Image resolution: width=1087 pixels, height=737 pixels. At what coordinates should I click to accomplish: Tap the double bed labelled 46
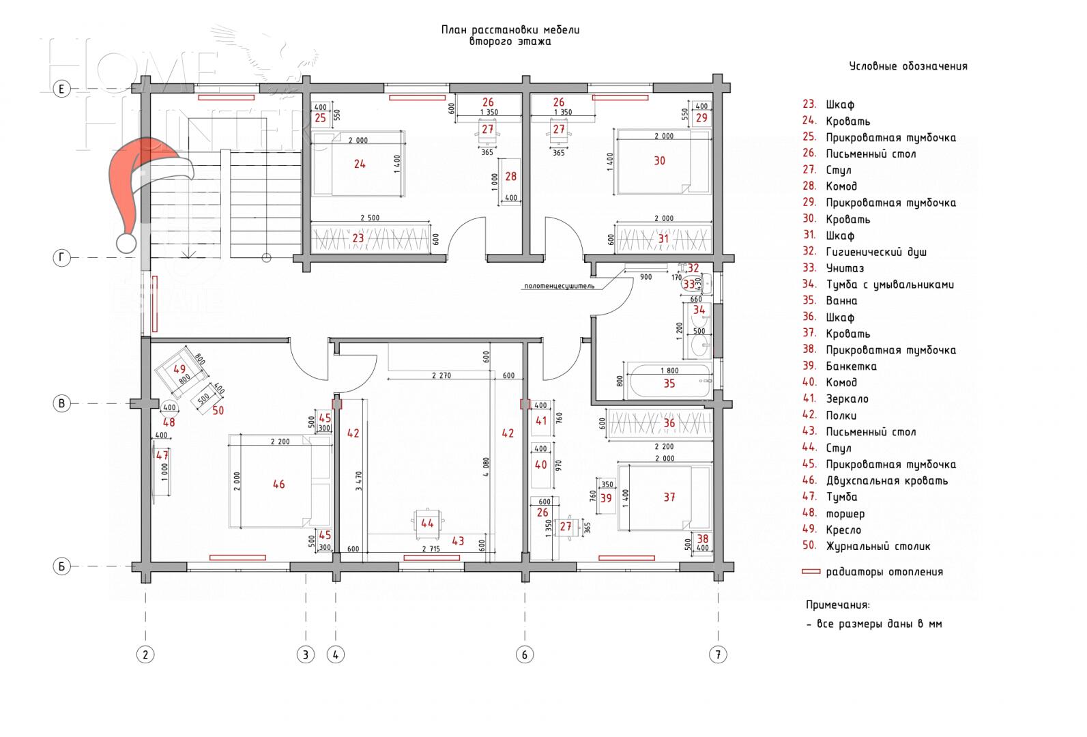pos(278,484)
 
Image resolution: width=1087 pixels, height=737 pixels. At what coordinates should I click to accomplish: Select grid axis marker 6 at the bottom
pos(524,654)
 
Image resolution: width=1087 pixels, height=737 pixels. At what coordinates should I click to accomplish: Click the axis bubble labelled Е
pos(61,89)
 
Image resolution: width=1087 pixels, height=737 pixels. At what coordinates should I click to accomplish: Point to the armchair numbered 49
pos(180,373)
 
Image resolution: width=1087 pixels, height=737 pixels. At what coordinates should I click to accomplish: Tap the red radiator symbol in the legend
pos(811,572)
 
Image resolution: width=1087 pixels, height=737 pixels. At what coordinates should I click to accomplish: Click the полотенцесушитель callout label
pos(559,286)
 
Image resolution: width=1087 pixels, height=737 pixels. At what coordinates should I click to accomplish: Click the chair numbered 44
pos(427,523)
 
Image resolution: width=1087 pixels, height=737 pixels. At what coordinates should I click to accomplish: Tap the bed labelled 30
pos(659,161)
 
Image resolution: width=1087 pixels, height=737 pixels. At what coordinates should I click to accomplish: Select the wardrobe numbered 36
pos(659,424)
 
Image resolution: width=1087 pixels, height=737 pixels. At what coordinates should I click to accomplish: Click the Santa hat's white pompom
pos(126,243)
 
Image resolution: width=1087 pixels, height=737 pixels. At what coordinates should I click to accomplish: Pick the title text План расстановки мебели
pos(510,30)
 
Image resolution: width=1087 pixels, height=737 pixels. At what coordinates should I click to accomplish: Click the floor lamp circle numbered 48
pos(169,408)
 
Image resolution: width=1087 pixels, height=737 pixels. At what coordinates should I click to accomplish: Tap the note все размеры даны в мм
pos(873,624)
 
